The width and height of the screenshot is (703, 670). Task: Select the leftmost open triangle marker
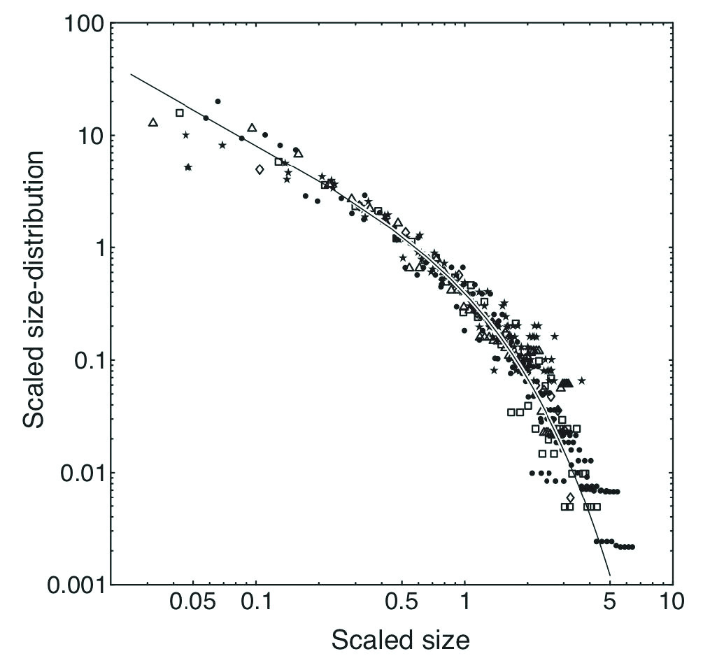153,122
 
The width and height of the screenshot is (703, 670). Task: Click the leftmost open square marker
180,113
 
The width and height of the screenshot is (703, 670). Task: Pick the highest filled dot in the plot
218,101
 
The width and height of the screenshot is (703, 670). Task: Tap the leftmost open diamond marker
260,169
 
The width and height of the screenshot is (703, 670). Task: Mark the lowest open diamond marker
570,497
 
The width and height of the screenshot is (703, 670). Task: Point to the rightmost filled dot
632,547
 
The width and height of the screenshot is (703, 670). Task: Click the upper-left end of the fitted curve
132,74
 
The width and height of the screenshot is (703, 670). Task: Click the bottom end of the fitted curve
611,576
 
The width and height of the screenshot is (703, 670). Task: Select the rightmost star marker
581,380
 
